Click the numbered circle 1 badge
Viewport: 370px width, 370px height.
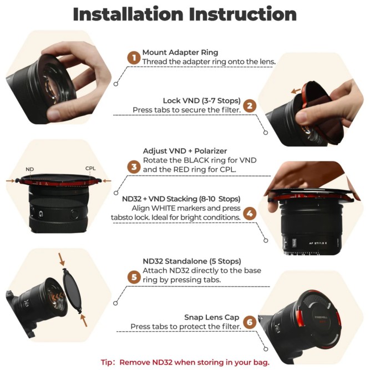tap(133, 57)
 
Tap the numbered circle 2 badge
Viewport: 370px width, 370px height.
tap(250, 105)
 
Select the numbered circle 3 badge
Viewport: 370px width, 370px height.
tap(133, 165)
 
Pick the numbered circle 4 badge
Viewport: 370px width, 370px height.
tap(250, 212)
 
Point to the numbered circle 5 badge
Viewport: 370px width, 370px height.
tap(133, 276)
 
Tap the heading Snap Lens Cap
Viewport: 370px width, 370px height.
tap(211, 317)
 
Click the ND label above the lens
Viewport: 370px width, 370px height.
tap(30, 169)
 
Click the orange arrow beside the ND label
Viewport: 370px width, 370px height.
tap(12, 180)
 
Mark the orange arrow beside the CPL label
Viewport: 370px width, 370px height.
tap(107, 180)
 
